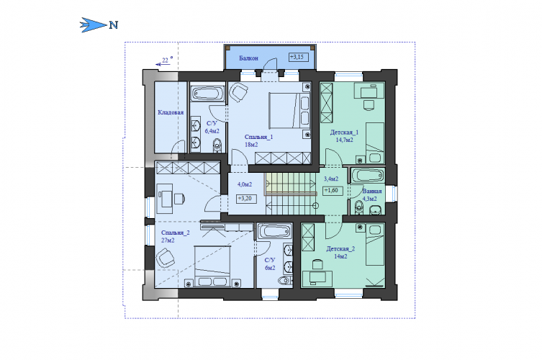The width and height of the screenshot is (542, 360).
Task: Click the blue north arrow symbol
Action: tap(94, 25)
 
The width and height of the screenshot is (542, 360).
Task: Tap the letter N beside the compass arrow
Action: tap(114, 25)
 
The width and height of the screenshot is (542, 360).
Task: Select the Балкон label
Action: tap(248, 58)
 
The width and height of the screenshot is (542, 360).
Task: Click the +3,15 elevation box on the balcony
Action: tap(299, 57)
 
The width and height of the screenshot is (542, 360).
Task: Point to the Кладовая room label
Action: tap(171, 112)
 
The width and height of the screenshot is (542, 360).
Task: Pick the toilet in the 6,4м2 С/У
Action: tap(217, 145)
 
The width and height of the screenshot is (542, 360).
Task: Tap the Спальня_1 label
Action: tap(258, 137)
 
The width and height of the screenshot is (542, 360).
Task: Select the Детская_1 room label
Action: tap(344, 132)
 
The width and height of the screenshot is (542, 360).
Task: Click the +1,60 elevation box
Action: tap(333, 191)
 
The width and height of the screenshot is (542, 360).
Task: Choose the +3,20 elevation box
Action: tap(246, 199)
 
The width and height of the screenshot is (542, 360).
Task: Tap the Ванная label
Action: tap(372, 192)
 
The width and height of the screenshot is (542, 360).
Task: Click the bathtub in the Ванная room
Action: tap(368, 176)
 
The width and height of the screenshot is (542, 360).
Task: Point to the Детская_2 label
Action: tap(340, 248)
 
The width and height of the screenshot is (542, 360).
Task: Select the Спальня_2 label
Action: tap(175, 233)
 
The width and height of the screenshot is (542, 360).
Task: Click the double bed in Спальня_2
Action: tap(212, 266)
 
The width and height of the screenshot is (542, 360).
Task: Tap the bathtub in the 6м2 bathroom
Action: tap(274, 231)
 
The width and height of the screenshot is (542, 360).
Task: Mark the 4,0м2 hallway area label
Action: tap(245, 184)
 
